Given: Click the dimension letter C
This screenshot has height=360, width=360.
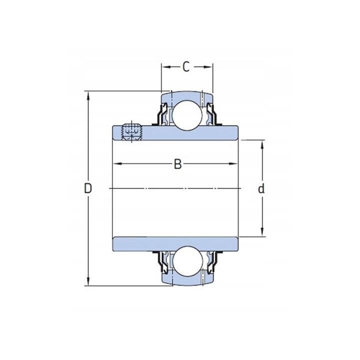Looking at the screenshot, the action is (186, 67).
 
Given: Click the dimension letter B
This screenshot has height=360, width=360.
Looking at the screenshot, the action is (177, 164).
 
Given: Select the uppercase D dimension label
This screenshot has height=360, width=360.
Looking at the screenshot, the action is (88, 188).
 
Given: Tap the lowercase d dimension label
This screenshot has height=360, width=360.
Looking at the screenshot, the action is (261, 189).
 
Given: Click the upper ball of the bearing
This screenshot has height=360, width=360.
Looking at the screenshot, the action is (187, 115).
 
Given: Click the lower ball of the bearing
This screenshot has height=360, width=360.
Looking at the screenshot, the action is (187, 261).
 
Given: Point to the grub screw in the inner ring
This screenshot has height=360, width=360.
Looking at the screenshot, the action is (131, 132).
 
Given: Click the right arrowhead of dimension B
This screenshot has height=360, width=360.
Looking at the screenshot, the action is (233, 164).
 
